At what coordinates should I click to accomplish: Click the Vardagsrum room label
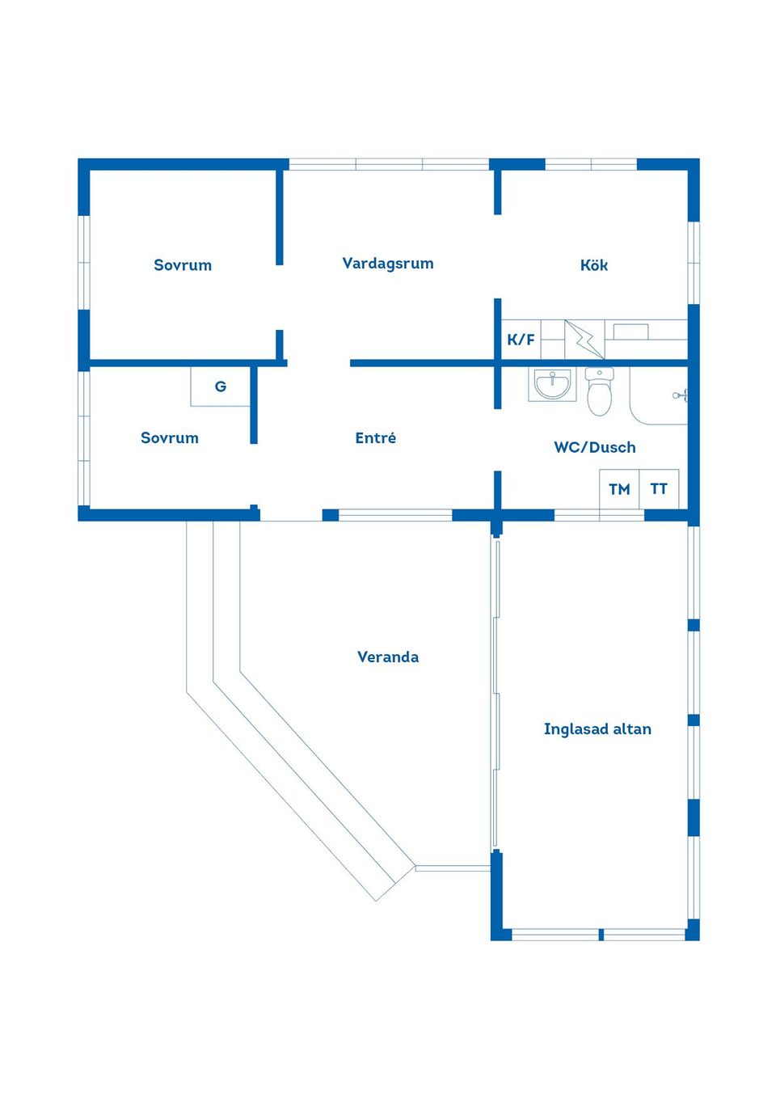point(387,264)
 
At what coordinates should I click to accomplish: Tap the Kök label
point(594,265)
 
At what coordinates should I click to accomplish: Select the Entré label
point(375,437)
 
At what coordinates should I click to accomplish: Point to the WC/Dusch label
point(595,447)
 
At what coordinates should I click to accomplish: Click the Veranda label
point(388,657)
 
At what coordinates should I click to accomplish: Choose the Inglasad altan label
point(597,728)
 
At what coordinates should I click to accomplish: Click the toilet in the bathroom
point(599,391)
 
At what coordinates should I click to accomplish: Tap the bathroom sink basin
point(552,386)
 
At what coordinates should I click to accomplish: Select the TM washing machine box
point(619,488)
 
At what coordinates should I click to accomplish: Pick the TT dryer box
point(659,488)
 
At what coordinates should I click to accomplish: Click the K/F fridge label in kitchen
point(521,340)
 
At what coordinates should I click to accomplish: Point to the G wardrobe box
point(221,386)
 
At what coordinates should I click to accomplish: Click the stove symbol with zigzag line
point(584,340)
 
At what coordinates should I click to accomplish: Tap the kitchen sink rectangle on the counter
point(631,332)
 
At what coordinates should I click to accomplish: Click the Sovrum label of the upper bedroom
point(183,265)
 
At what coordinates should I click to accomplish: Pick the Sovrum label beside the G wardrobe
point(170,437)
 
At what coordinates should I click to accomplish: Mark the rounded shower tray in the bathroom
point(659,396)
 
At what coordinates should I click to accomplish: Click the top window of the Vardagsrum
point(389,164)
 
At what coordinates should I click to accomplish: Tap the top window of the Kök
point(591,164)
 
